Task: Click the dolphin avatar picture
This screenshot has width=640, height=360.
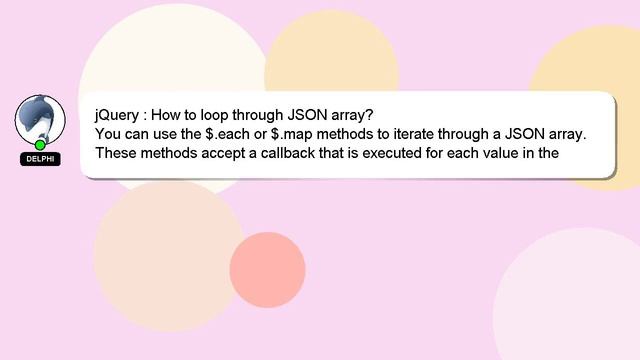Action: pyautogui.click(x=40, y=119)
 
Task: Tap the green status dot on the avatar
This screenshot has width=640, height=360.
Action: pyautogui.click(x=41, y=145)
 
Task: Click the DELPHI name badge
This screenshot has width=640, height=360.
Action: pyautogui.click(x=40, y=159)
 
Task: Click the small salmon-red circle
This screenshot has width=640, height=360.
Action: pyautogui.click(x=267, y=270)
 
